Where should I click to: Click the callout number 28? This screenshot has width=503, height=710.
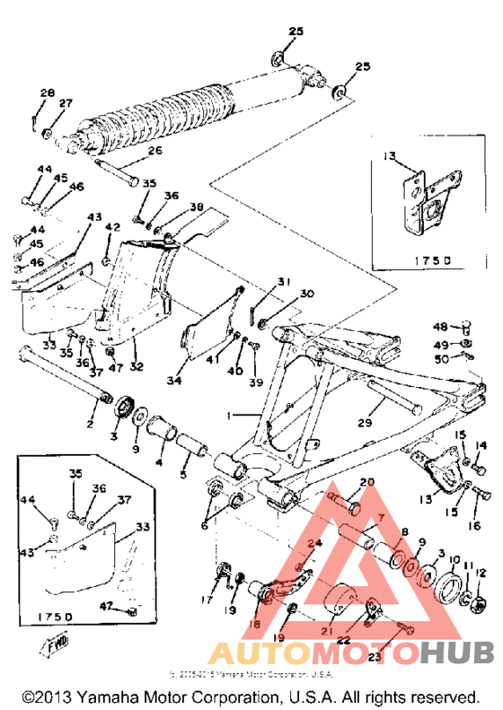point(47,92)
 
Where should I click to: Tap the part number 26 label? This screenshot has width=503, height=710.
point(154,151)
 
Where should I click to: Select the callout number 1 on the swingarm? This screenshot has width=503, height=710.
point(231,417)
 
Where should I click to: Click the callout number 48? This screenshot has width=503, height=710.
point(441,327)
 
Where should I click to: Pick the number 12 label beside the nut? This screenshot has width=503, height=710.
point(481,572)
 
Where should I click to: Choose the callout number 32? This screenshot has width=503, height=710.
point(137,366)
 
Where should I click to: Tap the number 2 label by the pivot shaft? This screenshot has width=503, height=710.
point(90,423)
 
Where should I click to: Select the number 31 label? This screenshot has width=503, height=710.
point(284,282)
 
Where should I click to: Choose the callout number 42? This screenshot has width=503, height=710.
point(110,228)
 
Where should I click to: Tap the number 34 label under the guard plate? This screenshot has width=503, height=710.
point(174,381)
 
